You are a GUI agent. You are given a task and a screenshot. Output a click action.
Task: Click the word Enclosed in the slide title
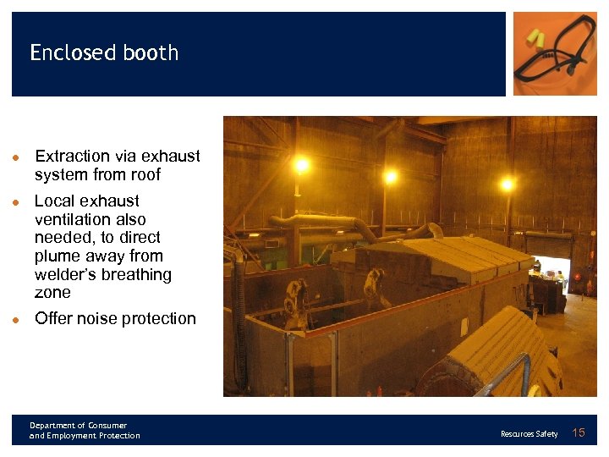(71, 52)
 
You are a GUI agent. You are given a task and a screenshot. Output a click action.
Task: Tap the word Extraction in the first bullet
(72, 156)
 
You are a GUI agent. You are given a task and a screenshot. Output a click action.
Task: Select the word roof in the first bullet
(143, 174)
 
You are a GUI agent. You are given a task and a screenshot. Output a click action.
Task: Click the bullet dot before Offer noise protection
(16, 320)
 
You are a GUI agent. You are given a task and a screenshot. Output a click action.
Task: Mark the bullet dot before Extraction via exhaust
(16, 157)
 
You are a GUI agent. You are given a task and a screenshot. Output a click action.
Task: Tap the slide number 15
(579, 433)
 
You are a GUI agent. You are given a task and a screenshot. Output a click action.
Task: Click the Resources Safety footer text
(529, 434)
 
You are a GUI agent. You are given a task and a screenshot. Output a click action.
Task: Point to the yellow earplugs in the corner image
(535, 37)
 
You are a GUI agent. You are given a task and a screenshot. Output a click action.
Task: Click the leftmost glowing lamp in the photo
(301, 166)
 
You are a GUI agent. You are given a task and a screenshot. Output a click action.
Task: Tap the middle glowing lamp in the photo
(390, 176)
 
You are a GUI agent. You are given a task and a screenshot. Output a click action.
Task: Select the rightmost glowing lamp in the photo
(507, 183)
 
